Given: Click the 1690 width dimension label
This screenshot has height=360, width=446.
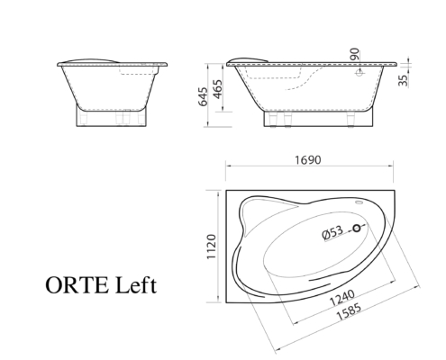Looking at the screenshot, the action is (307, 160).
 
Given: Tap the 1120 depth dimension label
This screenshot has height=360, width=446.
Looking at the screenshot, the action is (212, 247).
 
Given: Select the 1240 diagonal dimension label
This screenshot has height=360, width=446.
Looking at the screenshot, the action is (342, 298).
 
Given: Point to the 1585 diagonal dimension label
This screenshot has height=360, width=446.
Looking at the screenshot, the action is (349, 312).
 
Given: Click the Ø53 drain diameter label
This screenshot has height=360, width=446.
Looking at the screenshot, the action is (332, 232).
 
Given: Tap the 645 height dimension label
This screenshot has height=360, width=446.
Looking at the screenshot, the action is (204, 96).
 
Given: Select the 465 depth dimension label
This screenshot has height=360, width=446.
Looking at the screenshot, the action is (218, 89).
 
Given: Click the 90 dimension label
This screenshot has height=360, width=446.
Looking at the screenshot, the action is (355, 54).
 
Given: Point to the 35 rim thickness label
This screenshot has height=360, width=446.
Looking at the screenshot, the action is (404, 80).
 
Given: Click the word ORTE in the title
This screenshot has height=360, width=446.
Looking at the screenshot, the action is (77, 285).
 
